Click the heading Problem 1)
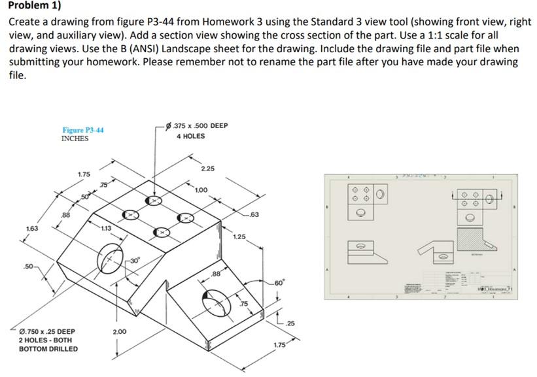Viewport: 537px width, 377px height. (34, 7)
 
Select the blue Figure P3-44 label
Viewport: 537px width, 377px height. (82, 130)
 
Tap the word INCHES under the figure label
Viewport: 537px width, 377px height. (77, 139)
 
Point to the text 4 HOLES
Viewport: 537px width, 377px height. (190, 136)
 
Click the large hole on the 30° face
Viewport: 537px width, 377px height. (112, 258)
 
